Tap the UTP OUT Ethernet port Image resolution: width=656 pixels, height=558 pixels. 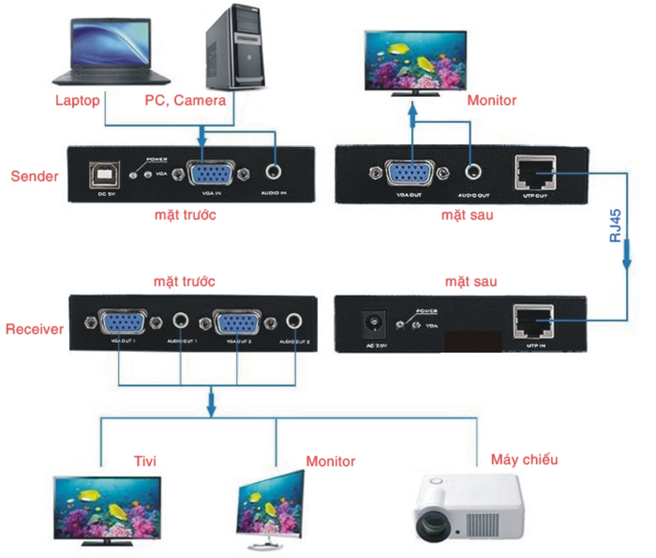tap(535, 173)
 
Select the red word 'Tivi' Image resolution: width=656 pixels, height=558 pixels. tap(145, 461)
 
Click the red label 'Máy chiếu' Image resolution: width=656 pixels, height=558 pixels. tap(524, 460)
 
